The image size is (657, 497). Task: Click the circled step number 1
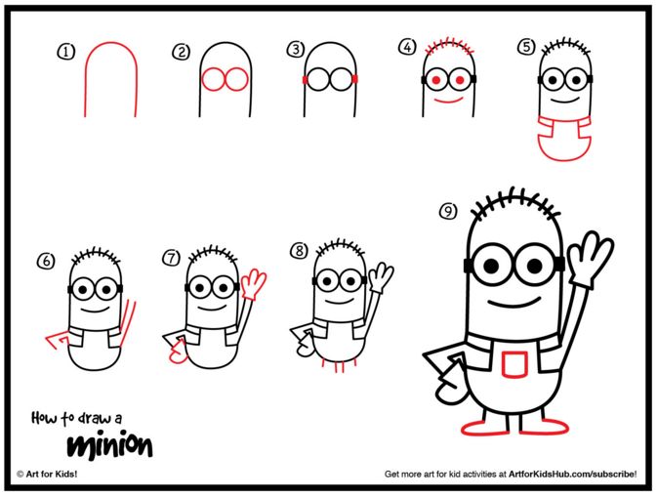coord(65,52)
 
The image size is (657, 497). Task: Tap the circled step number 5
coord(527,47)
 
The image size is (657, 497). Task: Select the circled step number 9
coord(448,211)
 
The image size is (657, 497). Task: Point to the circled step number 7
coord(172,258)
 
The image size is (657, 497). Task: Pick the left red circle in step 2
coord(213,79)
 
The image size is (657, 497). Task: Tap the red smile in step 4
coord(448,102)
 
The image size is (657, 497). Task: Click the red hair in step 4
coord(449,46)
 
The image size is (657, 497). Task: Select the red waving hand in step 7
coord(254,283)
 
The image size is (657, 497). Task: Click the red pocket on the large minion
coord(514,364)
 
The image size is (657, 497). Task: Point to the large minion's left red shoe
coord(485,428)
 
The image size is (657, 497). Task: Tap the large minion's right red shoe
coord(545,427)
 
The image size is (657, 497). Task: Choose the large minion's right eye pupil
coord(534,266)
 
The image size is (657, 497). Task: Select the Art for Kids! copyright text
coord(47,474)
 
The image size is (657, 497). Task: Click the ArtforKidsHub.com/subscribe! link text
coord(572,474)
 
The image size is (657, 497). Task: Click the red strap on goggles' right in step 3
coord(355,79)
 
